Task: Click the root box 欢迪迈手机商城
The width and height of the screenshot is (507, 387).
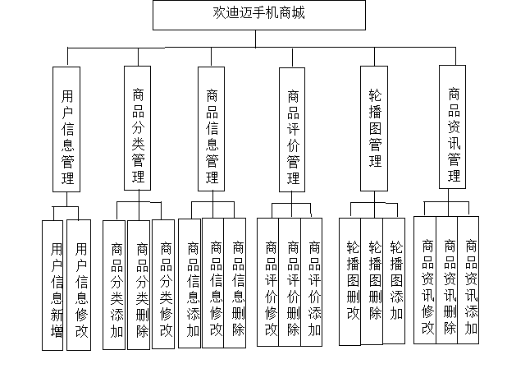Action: coord(259,16)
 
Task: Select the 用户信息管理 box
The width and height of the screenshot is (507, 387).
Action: coord(66,129)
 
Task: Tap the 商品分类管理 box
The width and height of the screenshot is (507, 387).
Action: coord(138,128)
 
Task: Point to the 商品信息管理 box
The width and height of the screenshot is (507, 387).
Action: coord(211,129)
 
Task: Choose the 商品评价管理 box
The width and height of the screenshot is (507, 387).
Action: coord(292,130)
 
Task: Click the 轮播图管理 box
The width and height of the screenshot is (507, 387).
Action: coord(374,128)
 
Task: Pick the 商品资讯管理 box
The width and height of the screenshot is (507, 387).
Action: coord(452,127)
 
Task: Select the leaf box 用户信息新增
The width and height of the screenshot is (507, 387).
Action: coord(53,285)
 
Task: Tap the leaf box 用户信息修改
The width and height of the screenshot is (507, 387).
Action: coord(79,285)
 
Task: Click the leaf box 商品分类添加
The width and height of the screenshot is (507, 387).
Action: coord(114,285)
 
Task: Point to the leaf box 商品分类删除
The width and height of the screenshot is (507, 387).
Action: coord(139,285)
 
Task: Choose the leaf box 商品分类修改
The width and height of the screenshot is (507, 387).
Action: coord(163,284)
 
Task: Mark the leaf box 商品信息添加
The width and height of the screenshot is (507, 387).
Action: coord(190,283)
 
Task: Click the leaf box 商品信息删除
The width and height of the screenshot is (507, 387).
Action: coord(235,283)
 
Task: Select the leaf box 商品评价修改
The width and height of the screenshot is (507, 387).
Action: coord(268,282)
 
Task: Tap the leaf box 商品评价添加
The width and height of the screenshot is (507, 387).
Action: coord(312,282)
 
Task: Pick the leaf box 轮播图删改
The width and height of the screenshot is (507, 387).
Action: coord(349,282)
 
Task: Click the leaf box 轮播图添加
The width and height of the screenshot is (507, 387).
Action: coord(394,281)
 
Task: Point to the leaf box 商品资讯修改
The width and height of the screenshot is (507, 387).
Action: coord(425,280)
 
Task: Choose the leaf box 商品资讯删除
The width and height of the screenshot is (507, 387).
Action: coord(447,280)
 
